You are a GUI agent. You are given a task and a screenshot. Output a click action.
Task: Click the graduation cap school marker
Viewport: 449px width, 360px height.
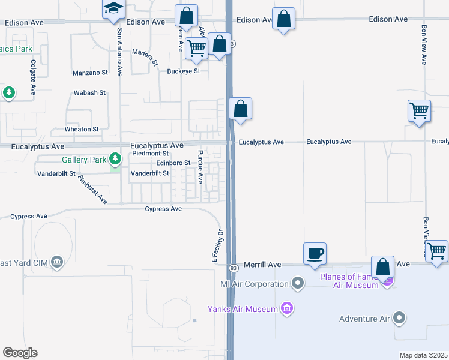click(112, 10)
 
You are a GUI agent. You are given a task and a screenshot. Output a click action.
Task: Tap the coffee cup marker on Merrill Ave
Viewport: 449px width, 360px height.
click(315, 254)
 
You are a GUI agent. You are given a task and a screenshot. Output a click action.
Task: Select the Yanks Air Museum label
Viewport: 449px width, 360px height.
click(243, 309)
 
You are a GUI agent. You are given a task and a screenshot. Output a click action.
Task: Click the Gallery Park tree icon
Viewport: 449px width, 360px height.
click(115, 160)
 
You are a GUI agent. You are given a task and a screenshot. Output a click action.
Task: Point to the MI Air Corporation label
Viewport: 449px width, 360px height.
click(255, 284)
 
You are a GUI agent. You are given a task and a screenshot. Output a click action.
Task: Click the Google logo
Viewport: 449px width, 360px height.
click(20, 353)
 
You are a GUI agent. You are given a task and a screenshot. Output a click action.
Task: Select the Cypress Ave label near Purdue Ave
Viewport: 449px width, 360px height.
click(163, 209)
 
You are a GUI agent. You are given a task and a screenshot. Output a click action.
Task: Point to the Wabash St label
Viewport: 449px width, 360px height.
click(89, 93)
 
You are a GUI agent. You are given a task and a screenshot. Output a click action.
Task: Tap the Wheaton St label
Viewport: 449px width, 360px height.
click(82, 129)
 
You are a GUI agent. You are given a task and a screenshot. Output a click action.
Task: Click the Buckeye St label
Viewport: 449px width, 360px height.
click(183, 70)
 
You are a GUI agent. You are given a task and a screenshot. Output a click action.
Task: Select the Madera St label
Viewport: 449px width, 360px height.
click(145, 58)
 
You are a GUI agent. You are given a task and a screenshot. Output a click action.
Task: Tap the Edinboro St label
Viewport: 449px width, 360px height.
click(173, 163)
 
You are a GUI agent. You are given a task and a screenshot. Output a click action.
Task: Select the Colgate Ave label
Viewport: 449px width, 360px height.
click(34, 77)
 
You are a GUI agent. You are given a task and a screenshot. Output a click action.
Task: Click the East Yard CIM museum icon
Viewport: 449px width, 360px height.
click(57, 262)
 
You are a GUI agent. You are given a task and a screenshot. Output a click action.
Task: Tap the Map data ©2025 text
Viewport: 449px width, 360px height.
click(424, 355)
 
